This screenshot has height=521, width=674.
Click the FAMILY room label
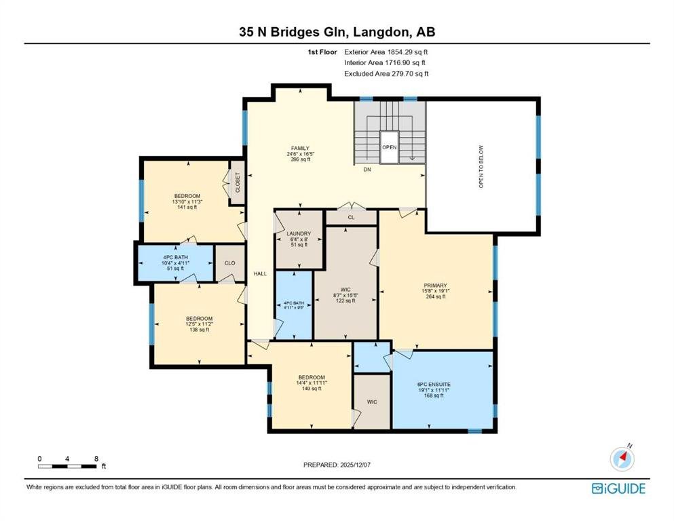(300, 149)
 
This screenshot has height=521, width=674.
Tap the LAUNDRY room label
(299, 233)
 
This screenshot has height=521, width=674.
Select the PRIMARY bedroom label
(436, 286)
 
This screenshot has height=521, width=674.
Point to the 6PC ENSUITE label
(434, 385)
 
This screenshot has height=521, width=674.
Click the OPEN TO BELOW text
(481, 166)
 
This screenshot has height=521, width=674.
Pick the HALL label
(260, 273)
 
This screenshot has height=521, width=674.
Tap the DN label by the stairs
(367, 170)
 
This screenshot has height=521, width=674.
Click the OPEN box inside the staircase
(390, 147)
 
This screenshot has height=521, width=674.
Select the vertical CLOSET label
(238, 182)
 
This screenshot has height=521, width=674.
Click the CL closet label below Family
(351, 217)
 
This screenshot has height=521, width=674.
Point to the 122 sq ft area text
(345, 301)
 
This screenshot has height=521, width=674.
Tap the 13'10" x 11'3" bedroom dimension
(187, 201)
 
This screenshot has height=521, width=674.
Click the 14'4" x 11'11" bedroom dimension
(312, 383)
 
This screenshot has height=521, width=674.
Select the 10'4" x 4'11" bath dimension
(175, 263)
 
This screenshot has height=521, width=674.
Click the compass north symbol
(622, 459)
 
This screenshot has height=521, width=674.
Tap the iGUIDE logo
(618, 488)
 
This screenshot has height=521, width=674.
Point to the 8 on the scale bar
(96, 459)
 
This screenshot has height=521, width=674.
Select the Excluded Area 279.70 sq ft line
(386, 73)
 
